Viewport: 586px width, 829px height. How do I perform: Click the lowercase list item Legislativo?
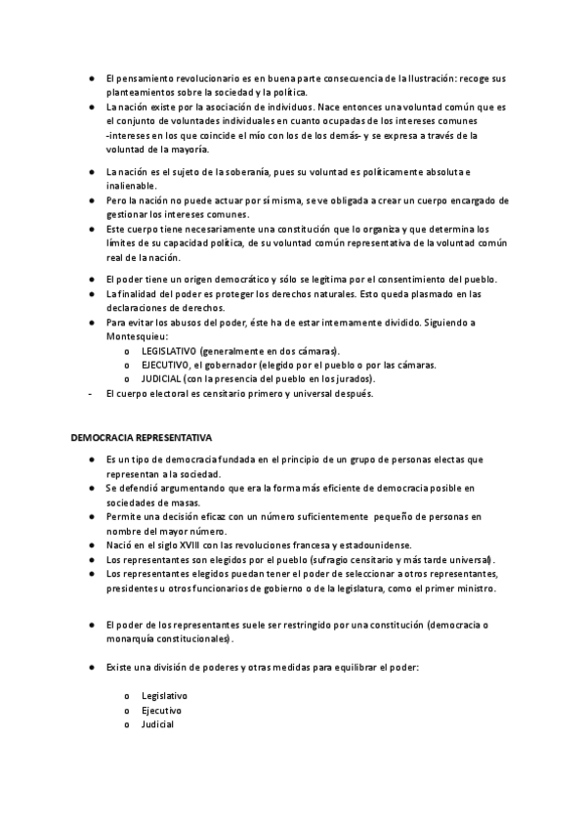pyautogui.click(x=164, y=695)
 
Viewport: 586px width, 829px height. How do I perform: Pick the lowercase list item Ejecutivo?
pyautogui.click(x=161, y=710)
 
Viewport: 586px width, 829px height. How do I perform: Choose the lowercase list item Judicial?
pyautogui.click(x=157, y=724)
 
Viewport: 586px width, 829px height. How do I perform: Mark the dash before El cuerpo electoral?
pyautogui.click(x=89, y=393)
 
